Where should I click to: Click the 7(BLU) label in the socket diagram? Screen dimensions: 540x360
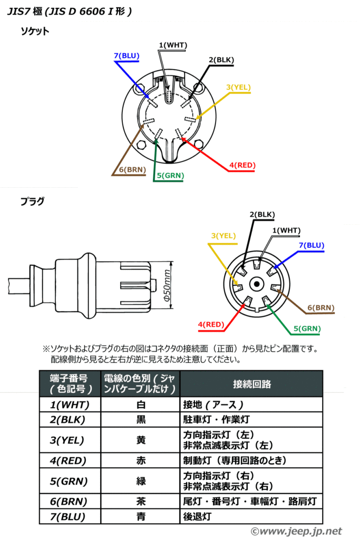coord(127,55)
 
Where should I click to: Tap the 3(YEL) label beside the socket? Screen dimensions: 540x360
coord(239,87)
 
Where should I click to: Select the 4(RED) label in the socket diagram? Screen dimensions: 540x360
coord(242,166)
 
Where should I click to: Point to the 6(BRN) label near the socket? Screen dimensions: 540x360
coord(132,170)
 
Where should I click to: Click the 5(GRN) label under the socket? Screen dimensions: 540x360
coord(170,176)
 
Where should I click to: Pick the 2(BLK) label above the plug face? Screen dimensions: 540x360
coord(262,215)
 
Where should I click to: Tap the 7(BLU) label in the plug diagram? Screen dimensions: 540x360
coord(312,245)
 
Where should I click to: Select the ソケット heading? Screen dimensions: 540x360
coord(35,31)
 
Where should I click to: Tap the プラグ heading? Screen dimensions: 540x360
coord(32,201)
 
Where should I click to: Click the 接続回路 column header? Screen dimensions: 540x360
coord(251,384)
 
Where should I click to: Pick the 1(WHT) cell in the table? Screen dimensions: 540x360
coord(70,405)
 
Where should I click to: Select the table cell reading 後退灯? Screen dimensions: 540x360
coord(197,517)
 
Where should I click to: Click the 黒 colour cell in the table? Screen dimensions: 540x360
coord(141,420)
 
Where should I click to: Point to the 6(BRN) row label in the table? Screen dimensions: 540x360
coord(69,501)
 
